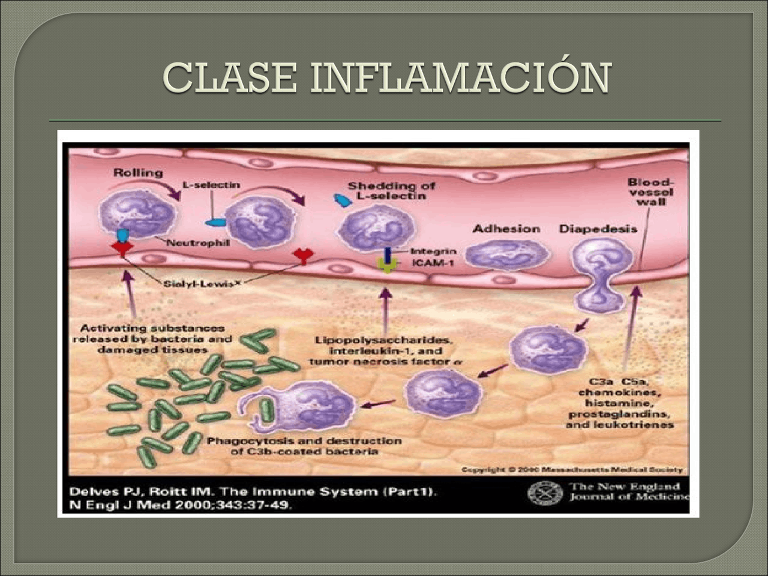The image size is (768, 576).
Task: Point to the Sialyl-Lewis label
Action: pos(198,283)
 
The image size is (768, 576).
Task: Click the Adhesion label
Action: pos(506,229)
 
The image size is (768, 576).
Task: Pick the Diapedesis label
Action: pos(598,229)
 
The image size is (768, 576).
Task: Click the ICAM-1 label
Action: pos(433,263)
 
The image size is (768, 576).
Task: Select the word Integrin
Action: pos(433,251)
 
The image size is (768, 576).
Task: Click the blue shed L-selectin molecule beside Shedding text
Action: pos(343,200)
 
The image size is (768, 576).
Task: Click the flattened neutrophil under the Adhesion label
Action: pos(507,255)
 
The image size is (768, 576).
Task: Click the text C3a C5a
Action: pos(620,382)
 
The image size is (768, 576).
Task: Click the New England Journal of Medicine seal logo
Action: pos(545,494)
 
